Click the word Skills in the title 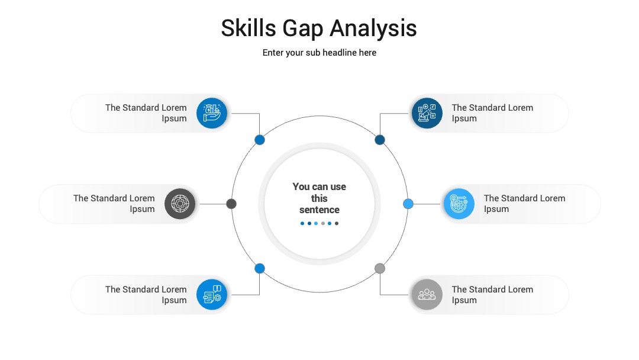(x=248, y=28)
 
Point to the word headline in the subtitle (x=340, y=53)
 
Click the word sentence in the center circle (x=319, y=210)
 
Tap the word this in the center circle (x=319, y=198)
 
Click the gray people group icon (x=427, y=294)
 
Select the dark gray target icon (x=180, y=204)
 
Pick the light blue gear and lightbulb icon (x=459, y=204)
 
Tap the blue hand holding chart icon (x=212, y=113)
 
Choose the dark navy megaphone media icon (x=427, y=113)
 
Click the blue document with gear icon (x=212, y=294)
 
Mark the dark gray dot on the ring (x=231, y=204)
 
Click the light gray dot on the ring (x=380, y=268)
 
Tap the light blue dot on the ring (x=408, y=204)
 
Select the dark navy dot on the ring (x=380, y=140)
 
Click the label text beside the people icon (x=492, y=295)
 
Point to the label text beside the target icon (x=114, y=204)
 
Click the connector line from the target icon (x=213, y=204)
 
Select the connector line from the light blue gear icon (x=427, y=204)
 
